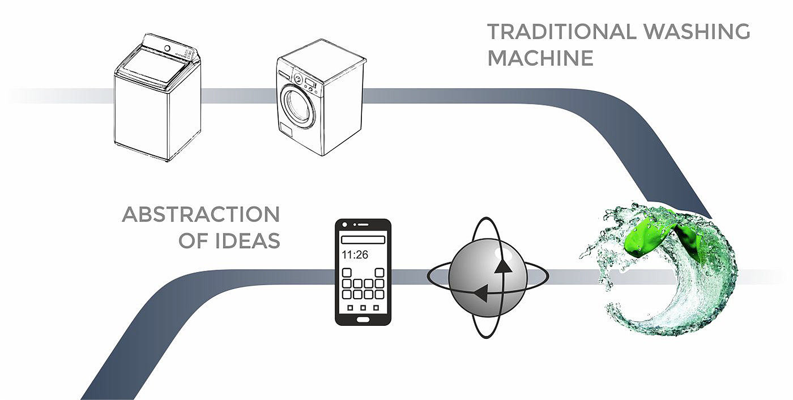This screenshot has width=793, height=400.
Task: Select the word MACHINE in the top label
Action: click(x=540, y=58)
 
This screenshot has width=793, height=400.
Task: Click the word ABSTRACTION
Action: click(x=201, y=215)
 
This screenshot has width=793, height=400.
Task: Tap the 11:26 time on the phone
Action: click(x=354, y=254)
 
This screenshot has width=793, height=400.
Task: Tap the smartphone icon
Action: click(x=363, y=272)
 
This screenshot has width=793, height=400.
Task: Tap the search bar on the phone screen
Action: click(x=363, y=239)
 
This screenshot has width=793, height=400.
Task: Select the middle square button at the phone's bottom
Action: click(x=363, y=308)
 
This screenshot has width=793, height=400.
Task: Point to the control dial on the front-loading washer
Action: click(x=297, y=78)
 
